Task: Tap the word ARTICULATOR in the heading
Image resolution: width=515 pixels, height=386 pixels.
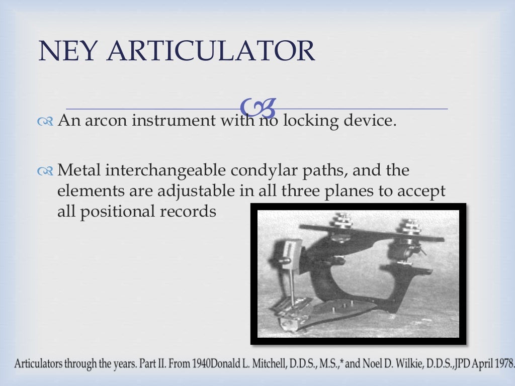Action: (x=212, y=51)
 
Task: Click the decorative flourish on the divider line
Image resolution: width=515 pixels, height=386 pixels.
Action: (x=258, y=107)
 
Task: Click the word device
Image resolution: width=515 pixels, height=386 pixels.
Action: (x=368, y=121)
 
